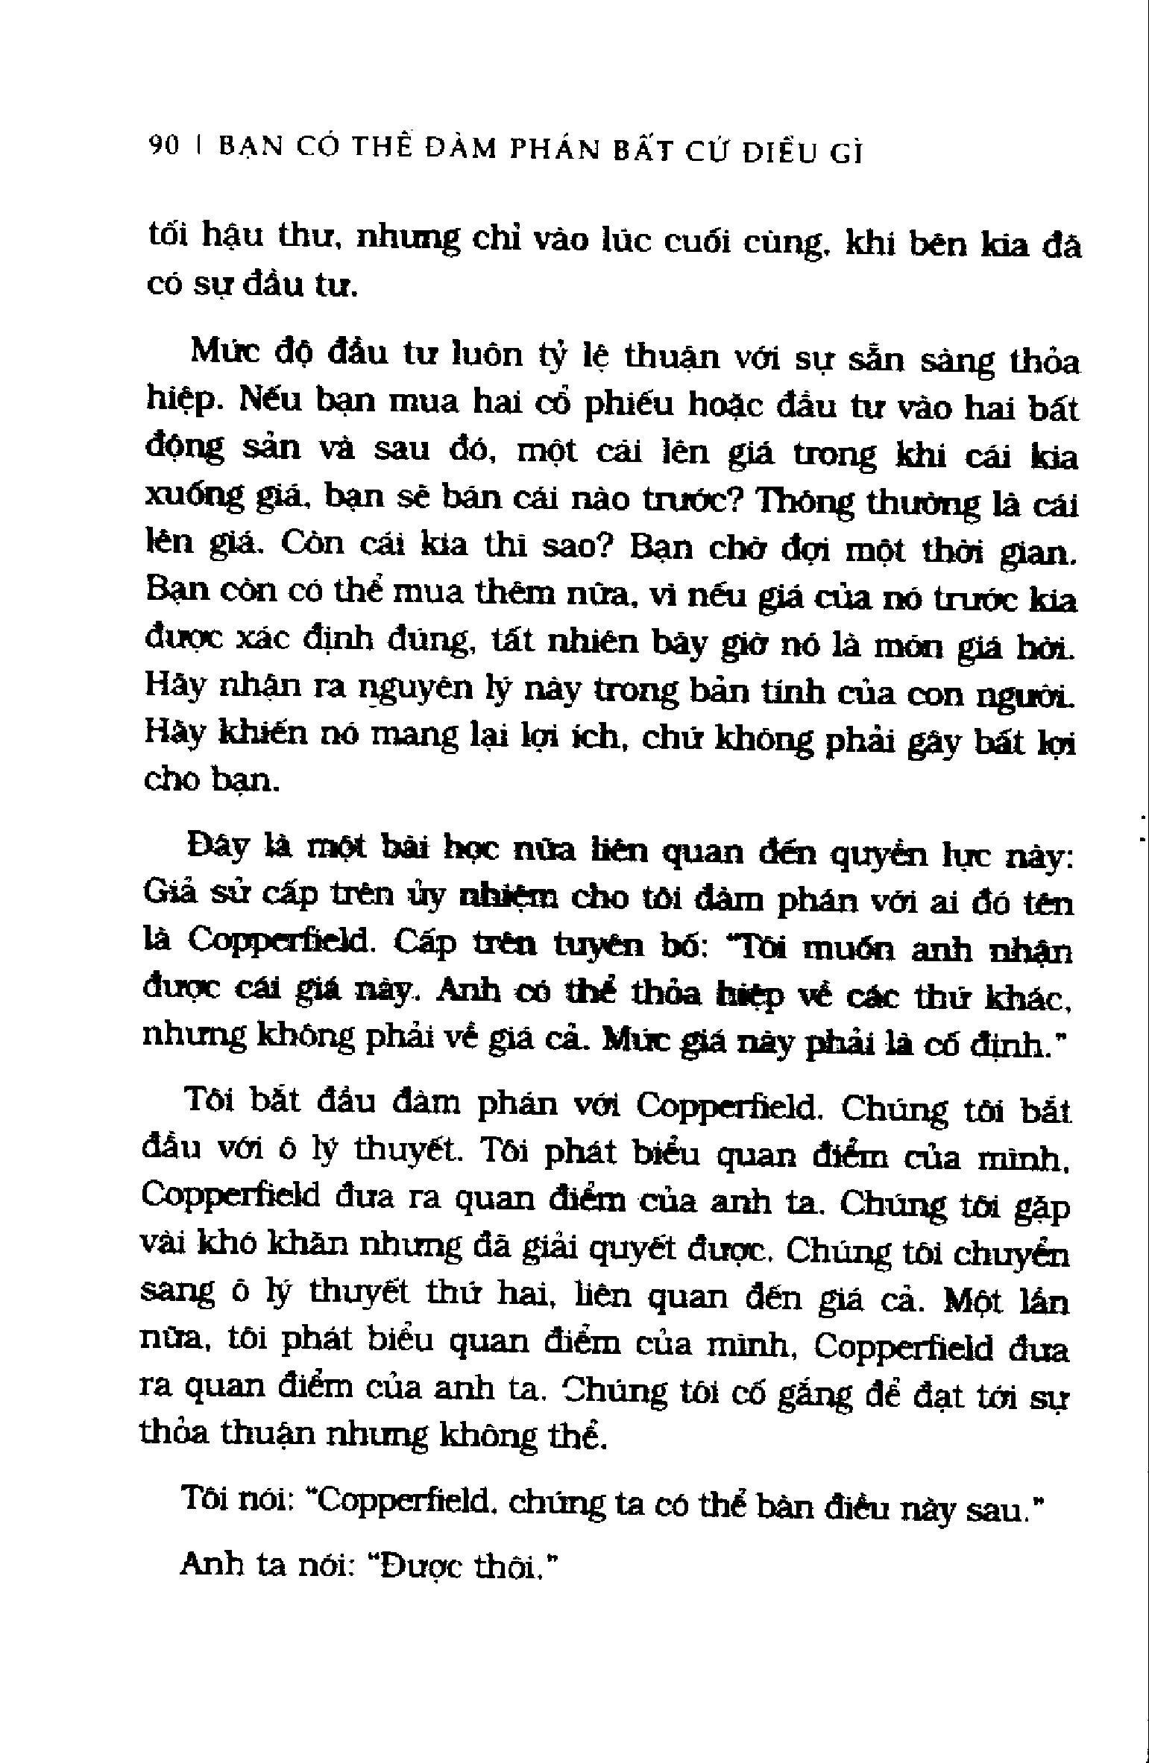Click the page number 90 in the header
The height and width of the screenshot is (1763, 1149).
(164, 147)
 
